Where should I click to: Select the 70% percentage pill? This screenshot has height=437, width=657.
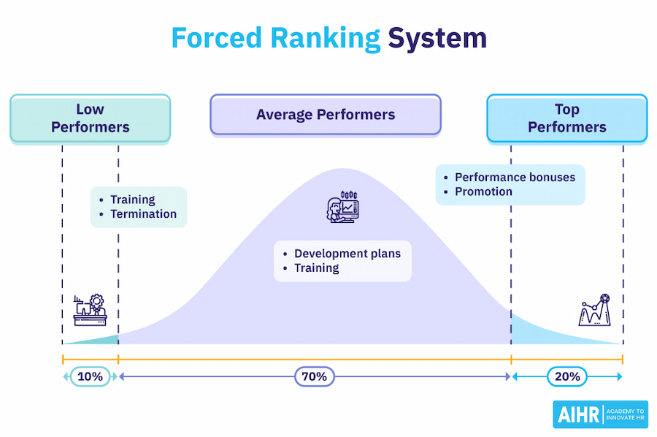(x=315, y=376)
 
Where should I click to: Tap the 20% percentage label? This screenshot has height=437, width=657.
(x=567, y=376)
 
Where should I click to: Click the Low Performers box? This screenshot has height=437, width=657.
(x=91, y=118)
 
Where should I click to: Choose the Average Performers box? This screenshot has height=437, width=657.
(x=326, y=115)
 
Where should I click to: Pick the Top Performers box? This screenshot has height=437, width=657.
(x=567, y=118)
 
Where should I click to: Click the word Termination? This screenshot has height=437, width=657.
(x=144, y=214)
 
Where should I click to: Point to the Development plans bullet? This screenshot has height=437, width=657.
(x=347, y=254)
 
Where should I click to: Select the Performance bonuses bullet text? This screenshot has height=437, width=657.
(x=515, y=178)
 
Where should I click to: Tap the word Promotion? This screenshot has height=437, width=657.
(x=483, y=191)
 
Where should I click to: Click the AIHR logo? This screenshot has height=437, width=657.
(x=601, y=414)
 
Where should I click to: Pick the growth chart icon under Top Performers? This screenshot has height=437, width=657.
(x=594, y=310)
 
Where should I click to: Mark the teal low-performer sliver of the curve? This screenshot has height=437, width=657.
(x=102, y=340)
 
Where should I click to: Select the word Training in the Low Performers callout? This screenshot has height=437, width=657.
(x=133, y=199)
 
